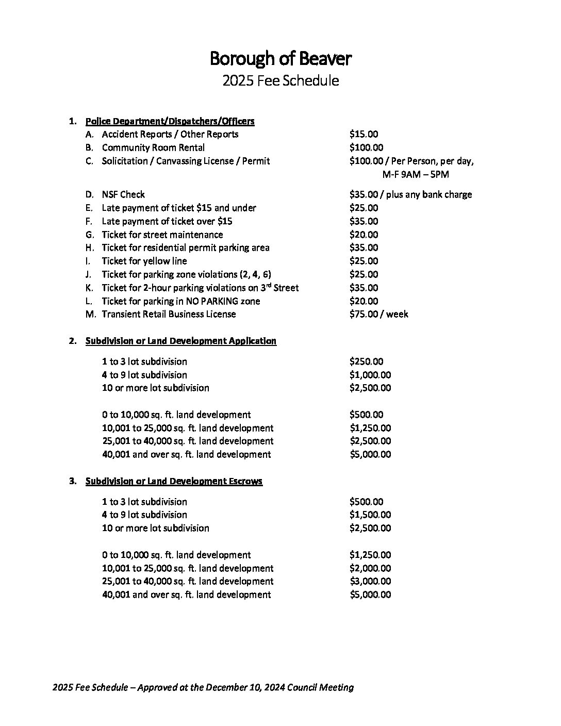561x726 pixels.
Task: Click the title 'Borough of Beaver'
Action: tap(280, 59)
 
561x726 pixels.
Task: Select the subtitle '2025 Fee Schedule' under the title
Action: tap(280, 81)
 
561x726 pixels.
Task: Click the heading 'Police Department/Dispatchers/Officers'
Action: tap(170, 121)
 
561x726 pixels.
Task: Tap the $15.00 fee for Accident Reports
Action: tap(363, 134)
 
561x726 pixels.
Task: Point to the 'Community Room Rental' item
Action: tap(153, 147)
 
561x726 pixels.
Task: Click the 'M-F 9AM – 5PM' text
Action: tap(415, 174)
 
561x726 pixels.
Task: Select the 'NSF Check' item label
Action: tap(123, 194)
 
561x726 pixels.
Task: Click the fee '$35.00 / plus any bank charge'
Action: tap(410, 194)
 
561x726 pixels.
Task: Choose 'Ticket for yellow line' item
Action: tap(144, 261)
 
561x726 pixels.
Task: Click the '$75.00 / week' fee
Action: tap(378, 314)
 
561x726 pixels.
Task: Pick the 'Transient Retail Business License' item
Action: tap(169, 314)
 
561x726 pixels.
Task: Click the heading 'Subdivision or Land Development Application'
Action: tap(180, 341)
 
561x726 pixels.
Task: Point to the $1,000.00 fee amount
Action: tap(370, 375)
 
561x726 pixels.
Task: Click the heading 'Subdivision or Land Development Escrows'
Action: tap(174, 481)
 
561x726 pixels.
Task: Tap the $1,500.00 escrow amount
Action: tap(370, 515)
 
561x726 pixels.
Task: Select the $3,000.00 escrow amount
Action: tap(370, 581)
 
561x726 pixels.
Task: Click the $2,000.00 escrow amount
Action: tap(370, 568)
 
